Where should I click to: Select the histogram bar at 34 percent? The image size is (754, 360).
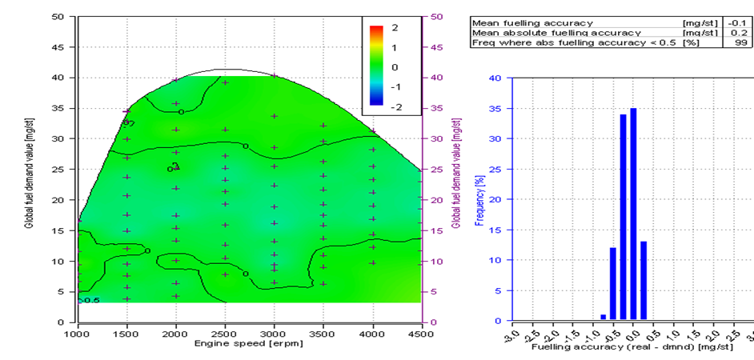623,218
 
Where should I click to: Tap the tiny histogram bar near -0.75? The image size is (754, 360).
604,318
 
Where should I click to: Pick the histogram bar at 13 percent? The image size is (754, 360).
644,281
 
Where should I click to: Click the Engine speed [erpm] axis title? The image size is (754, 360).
249,344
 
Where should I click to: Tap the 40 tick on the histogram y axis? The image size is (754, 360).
496,78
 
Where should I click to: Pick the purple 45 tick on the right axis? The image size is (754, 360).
437,46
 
